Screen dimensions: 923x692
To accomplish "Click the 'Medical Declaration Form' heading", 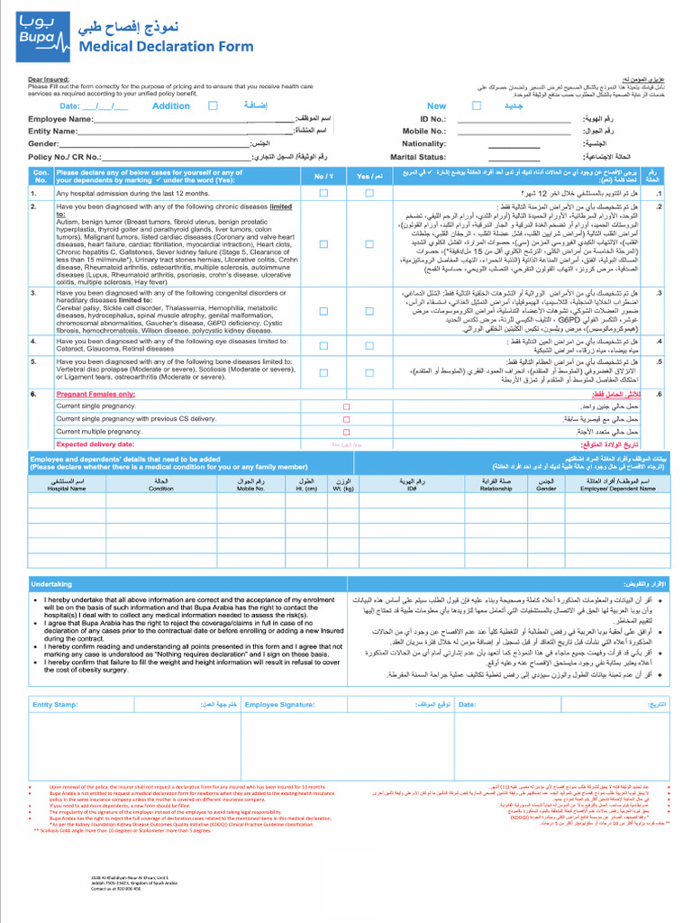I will click(166, 47).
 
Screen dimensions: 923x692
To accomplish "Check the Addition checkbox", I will click(213, 105).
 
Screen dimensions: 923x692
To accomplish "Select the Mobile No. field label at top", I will click(423, 131).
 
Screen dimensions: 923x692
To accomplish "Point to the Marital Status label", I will click(418, 156).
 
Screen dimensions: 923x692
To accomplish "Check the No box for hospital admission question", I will click(323, 193).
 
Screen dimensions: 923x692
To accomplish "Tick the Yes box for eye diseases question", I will click(369, 343).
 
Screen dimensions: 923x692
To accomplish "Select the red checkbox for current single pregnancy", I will click(346, 407).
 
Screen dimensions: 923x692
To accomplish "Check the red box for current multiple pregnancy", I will click(346, 432).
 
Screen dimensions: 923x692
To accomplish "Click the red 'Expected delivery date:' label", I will click(95, 444).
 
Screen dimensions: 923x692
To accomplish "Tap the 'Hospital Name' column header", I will click(67, 489).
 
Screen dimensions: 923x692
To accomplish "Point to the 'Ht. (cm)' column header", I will click(306, 489).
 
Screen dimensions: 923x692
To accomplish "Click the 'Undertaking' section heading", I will click(51, 584).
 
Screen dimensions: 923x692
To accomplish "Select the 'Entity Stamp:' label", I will click(55, 704).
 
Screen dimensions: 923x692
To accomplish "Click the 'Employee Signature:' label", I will click(279, 704).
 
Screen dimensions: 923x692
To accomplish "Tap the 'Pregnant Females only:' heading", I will click(96, 394).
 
